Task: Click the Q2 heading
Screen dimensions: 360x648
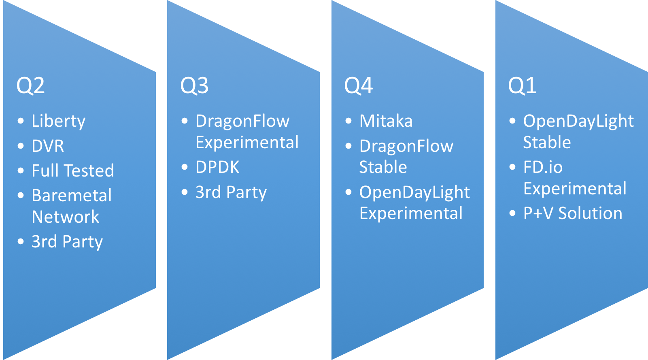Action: [x=30, y=86]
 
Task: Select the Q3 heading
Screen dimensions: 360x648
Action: [x=194, y=86]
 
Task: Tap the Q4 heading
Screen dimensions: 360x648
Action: [x=358, y=86]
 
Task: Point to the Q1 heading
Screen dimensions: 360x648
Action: [x=522, y=86]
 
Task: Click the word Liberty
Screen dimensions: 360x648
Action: [x=59, y=121]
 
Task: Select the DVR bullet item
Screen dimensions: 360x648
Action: [x=48, y=146]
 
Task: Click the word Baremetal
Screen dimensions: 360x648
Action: [x=72, y=196]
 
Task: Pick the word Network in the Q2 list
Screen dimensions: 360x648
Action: [x=66, y=217]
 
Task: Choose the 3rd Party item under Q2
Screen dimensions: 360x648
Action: [x=67, y=242]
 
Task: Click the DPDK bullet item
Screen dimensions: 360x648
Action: [x=217, y=167]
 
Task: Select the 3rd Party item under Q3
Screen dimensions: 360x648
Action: [x=231, y=192]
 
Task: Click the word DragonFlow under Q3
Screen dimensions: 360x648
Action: [x=242, y=121]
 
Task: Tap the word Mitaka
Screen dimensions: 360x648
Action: [x=386, y=121]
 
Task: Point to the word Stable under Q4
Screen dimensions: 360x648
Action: [x=383, y=167]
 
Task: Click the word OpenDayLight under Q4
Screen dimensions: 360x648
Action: [x=414, y=192]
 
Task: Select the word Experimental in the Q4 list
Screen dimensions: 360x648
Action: [x=411, y=213]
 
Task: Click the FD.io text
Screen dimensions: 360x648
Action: [x=543, y=167]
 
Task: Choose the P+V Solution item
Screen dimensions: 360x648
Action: [x=573, y=213]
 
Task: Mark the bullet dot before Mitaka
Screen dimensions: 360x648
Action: [x=348, y=121]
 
